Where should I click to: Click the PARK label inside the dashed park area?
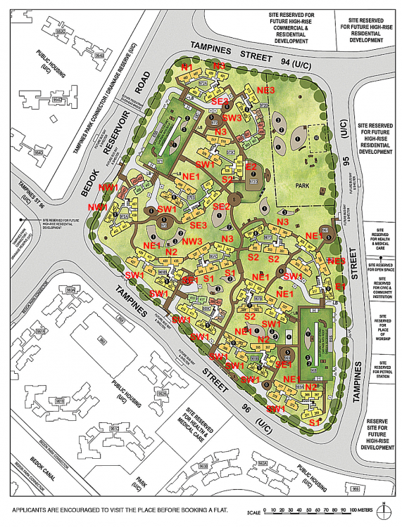click(x=305, y=186)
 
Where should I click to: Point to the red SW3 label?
click(x=232, y=117)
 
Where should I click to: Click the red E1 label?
click(x=341, y=287)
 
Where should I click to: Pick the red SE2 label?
click(x=221, y=206)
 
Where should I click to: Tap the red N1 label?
click(x=187, y=66)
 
